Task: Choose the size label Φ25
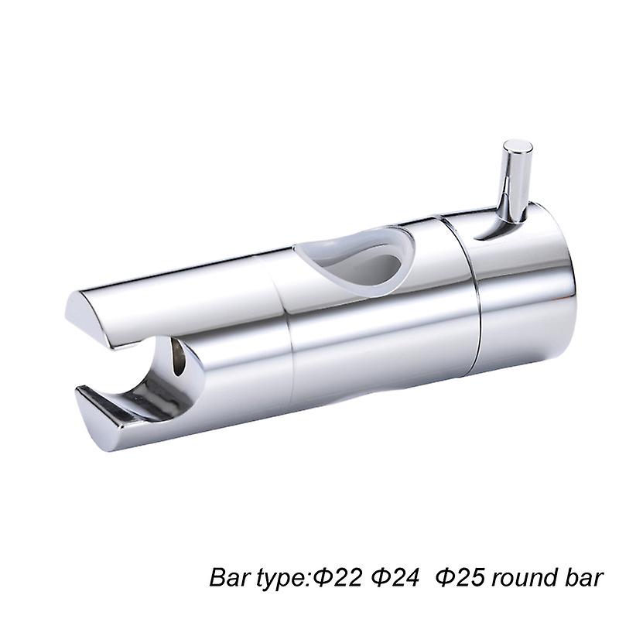[x=458, y=578]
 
